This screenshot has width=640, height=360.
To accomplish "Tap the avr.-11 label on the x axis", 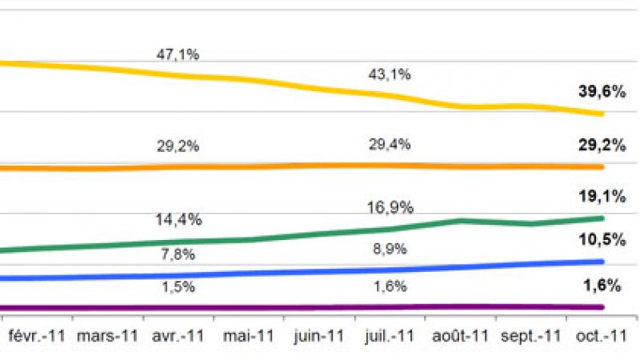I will (180, 337).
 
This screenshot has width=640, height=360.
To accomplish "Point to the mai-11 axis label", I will (250, 337).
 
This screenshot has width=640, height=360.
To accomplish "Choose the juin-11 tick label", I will (319, 337).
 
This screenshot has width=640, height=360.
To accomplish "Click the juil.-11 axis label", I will (390, 337).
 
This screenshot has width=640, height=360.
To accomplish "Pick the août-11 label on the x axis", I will (459, 337).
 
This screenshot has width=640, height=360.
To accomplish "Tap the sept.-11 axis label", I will (530, 337).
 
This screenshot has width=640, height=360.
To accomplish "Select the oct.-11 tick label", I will (599, 337).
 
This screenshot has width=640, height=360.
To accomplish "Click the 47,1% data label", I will (178, 55).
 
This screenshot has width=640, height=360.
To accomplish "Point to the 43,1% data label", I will (390, 74).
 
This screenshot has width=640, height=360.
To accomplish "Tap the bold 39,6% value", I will (602, 91).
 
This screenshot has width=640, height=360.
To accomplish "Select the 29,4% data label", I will (390, 144).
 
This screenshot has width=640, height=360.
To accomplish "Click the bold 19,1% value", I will (602, 194).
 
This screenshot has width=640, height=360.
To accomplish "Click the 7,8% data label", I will (178, 254).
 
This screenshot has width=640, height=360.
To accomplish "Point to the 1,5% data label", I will (178, 286).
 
